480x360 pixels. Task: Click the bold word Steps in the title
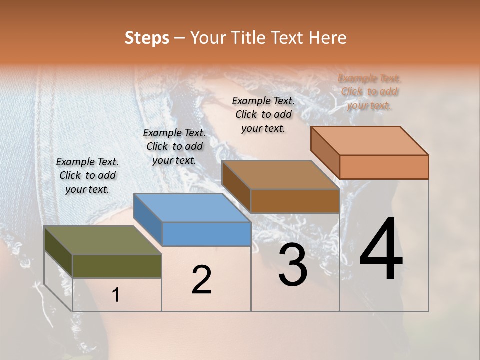coord(147,38)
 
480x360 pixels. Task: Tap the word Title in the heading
coord(250,38)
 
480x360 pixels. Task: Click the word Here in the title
coord(328,38)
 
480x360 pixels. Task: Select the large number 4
coord(381,250)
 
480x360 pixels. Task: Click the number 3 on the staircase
coord(292,265)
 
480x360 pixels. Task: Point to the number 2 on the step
coord(201,280)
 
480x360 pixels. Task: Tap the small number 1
coord(116,295)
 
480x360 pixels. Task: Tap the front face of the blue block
coord(207,234)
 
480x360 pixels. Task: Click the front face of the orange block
coord(384,167)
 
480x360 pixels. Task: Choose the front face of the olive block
coord(117,266)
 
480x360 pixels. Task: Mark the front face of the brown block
coord(295,201)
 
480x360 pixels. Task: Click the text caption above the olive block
coord(87,175)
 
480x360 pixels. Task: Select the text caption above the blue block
coord(174,146)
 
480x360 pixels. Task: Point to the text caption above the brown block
coord(263,114)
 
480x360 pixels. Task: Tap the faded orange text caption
coord(369,92)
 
